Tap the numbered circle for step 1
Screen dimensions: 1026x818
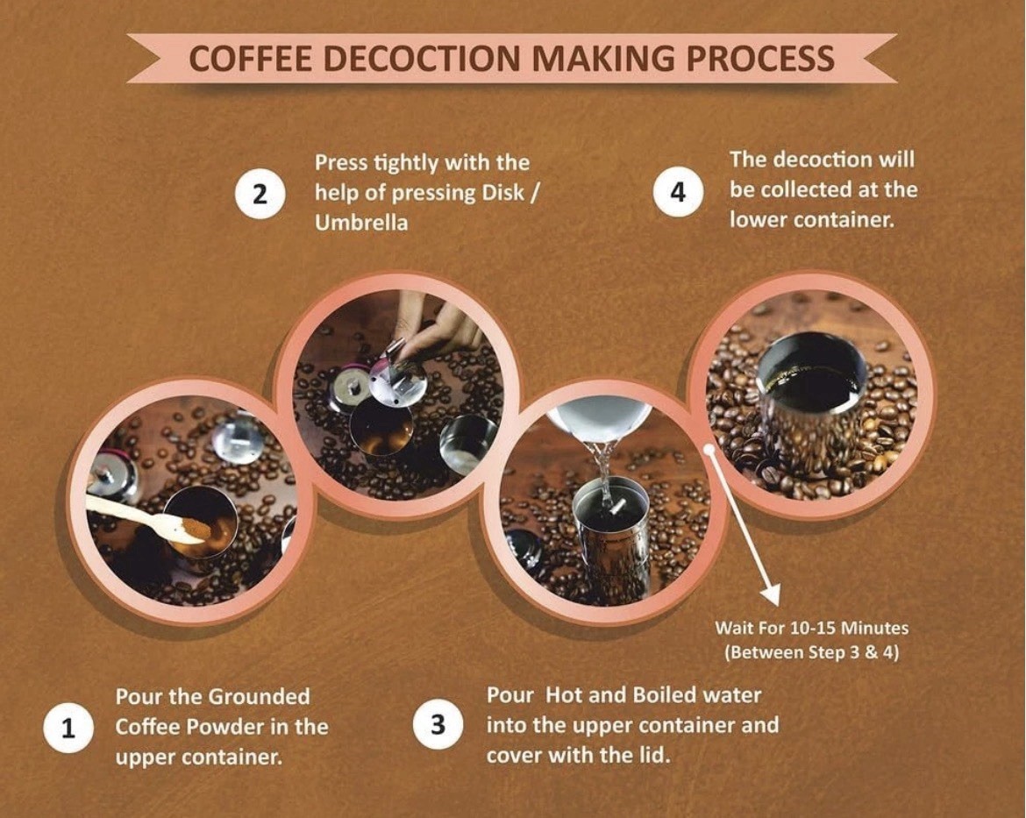(68, 728)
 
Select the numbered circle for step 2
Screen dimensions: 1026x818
(260, 194)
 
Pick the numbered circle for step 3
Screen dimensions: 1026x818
(438, 725)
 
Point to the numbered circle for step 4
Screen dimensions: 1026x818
(679, 192)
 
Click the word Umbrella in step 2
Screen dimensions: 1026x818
(361, 223)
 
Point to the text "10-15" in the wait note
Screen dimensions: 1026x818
(813, 629)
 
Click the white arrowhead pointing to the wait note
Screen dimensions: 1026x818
(772, 593)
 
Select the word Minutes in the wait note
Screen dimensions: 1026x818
(874, 629)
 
